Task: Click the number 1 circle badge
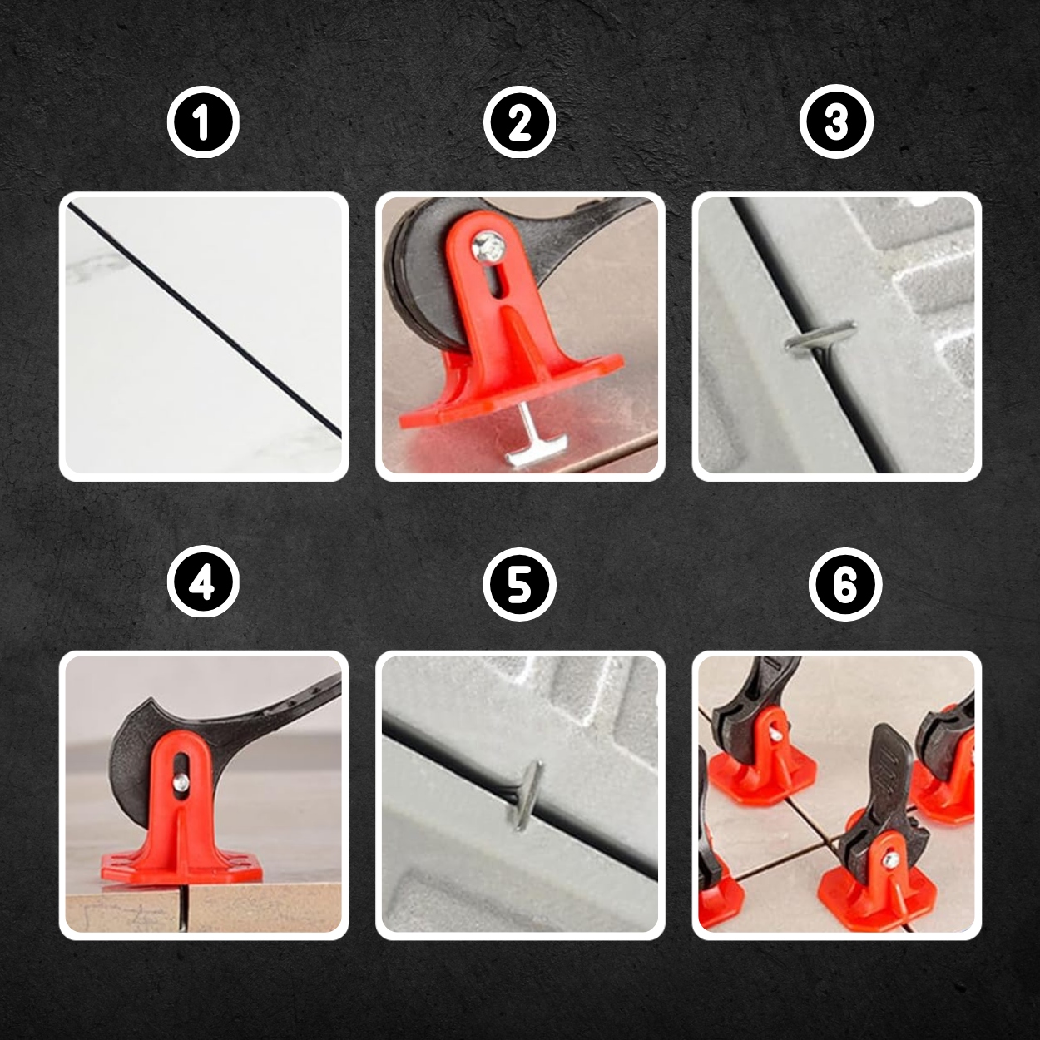pyautogui.click(x=204, y=122)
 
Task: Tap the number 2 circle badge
pyautogui.click(x=520, y=122)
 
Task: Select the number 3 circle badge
pyautogui.click(x=836, y=122)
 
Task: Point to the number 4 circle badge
pyautogui.click(x=204, y=585)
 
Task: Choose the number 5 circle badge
pyautogui.click(x=520, y=585)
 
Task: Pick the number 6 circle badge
pyautogui.click(x=845, y=585)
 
